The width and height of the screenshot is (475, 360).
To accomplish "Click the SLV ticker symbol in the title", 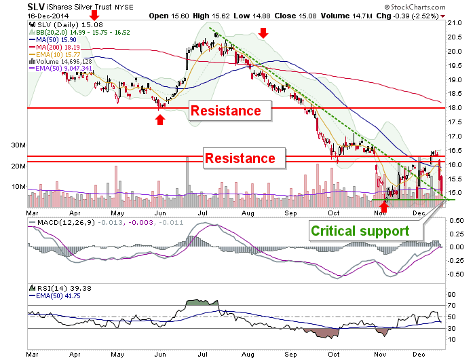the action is pos(36,7).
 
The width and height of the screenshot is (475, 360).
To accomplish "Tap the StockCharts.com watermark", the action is pos(415,7).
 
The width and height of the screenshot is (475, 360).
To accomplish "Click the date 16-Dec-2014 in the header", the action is pos(48,16).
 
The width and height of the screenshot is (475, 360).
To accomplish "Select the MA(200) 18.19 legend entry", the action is pos(54,48).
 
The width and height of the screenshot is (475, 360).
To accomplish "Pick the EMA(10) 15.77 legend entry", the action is pos(54,55).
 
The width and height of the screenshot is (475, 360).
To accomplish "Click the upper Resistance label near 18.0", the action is pos(226,111).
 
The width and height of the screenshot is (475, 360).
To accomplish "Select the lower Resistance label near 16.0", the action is pos(240,158).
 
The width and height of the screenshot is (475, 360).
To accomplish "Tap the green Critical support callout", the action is pos(360,231).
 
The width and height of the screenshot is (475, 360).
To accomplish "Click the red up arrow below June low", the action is pos(160,120).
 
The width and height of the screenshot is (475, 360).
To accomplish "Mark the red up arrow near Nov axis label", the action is pos(384,207).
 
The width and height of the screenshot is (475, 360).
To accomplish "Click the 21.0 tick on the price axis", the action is pos(455,22).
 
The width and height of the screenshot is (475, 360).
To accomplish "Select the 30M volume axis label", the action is pos(18,145).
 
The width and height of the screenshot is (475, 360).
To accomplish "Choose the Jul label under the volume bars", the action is pos(202,213).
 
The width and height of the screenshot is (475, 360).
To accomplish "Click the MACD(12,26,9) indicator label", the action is pos(66,223).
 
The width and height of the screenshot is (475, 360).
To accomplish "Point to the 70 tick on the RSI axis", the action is pos(452,306).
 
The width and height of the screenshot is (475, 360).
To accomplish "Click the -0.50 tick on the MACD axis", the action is pos(455,274).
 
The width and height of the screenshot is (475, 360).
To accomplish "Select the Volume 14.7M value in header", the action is pos(347,16).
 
